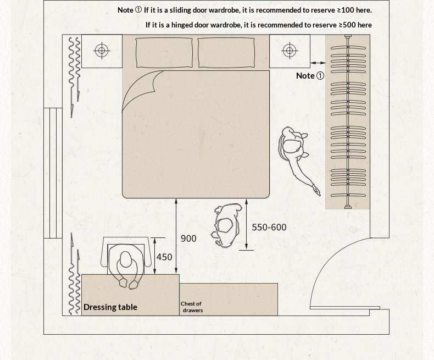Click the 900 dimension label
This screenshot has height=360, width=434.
click(188, 239)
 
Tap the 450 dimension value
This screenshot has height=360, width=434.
click(164, 257)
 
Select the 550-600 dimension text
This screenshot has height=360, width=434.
click(269, 227)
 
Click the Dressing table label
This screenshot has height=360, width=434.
click(110, 307)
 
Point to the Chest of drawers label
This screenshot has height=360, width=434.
click(192, 307)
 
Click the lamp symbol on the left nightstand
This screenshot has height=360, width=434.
click(102, 51)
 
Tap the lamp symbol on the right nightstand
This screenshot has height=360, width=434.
click(290, 51)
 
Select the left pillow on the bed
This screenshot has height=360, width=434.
click(164, 53)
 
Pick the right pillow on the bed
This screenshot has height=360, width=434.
click(226, 53)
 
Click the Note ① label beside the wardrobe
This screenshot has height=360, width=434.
click(310, 76)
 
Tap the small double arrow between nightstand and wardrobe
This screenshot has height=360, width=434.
click(318, 63)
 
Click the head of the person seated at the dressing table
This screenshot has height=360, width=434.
click(125, 259)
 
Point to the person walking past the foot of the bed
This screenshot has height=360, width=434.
click(226, 225)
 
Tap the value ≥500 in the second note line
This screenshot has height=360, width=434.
click(348, 25)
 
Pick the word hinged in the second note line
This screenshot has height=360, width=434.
click(182, 25)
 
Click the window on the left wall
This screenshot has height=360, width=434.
click(53, 173)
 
